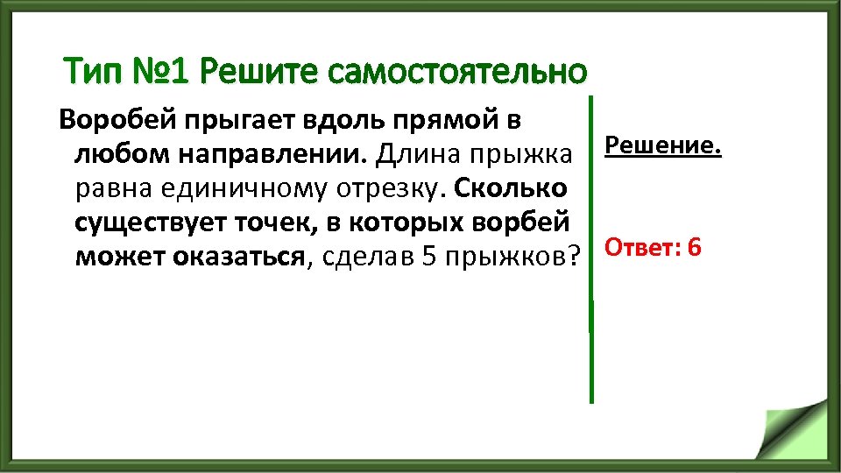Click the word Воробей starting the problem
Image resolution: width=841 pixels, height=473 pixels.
[x=110, y=120]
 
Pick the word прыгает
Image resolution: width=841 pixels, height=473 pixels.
[x=227, y=121]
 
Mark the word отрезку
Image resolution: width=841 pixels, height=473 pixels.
[x=385, y=189]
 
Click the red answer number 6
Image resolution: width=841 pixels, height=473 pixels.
[x=694, y=248]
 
